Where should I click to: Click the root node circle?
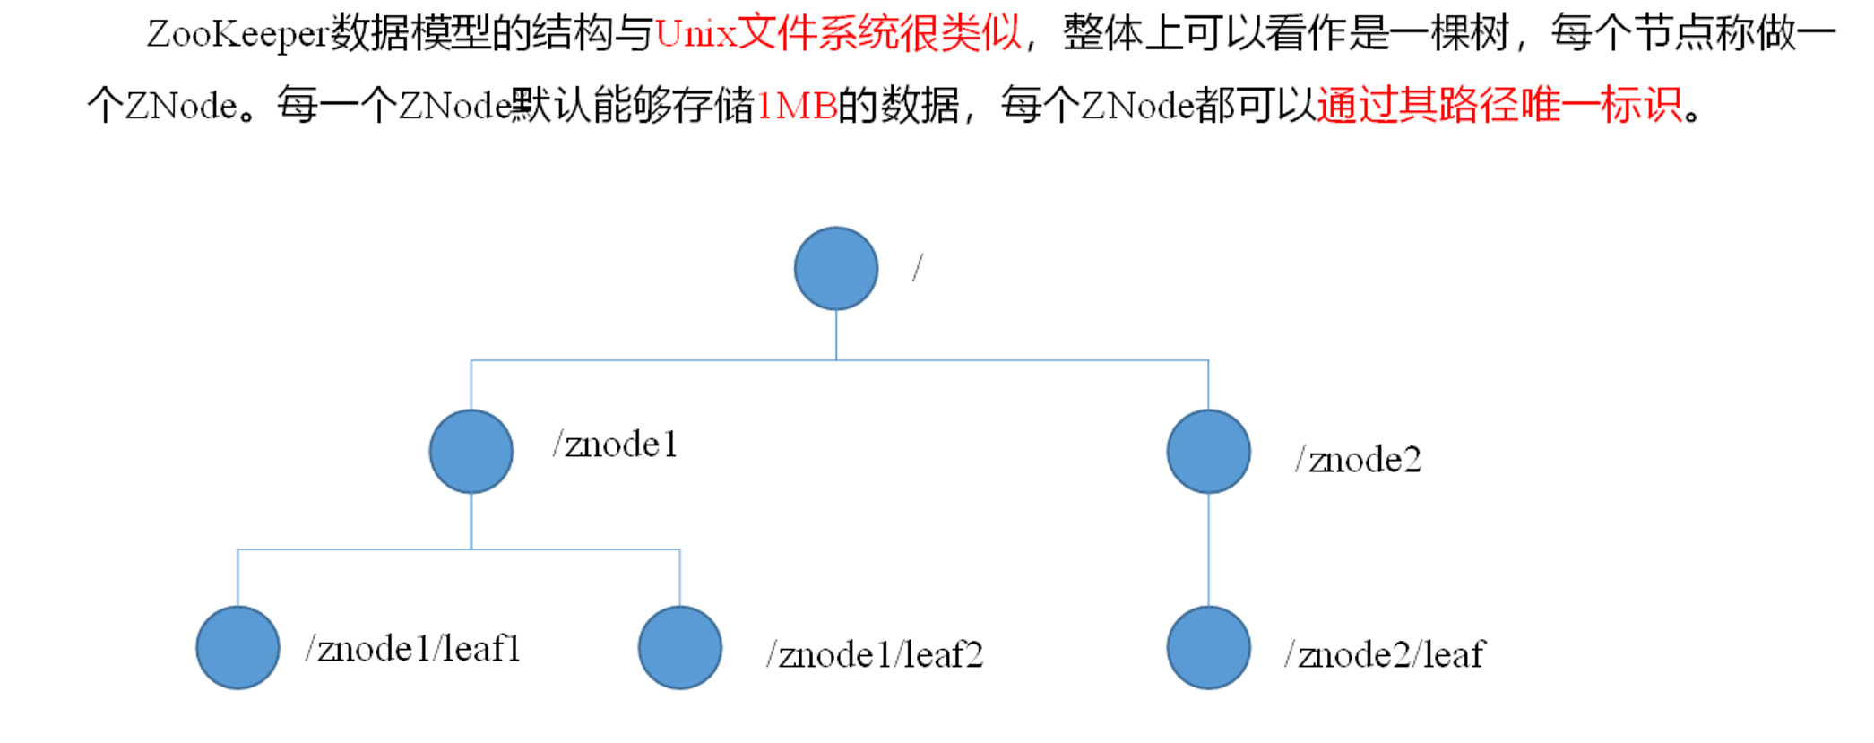(x=835, y=269)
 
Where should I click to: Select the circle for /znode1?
(x=471, y=452)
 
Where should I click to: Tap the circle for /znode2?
(x=1208, y=452)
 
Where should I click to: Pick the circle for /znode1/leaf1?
(x=237, y=648)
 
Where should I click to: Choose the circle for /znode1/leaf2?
(x=680, y=648)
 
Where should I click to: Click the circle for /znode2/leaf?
(x=1208, y=648)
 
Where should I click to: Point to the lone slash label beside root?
(x=918, y=267)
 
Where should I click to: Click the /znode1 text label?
(x=615, y=445)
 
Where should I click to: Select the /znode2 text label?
(x=1359, y=460)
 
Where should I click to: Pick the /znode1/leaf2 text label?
(x=875, y=655)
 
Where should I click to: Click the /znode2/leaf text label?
(x=1385, y=655)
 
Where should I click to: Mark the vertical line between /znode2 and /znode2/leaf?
(x=1208, y=549)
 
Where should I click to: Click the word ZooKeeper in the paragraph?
(x=237, y=35)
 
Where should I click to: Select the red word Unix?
(x=695, y=35)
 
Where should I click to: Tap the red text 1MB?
(x=797, y=107)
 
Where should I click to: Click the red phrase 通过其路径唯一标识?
(x=1499, y=107)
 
